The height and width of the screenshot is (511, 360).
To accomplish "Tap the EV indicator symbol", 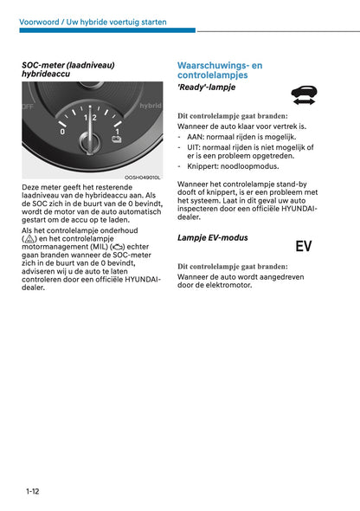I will click(x=304, y=246).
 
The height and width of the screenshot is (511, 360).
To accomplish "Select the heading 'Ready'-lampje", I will click(x=206, y=87).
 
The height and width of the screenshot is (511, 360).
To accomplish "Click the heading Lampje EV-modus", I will click(x=212, y=237).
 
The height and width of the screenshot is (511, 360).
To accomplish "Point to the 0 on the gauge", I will click(x=63, y=132).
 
